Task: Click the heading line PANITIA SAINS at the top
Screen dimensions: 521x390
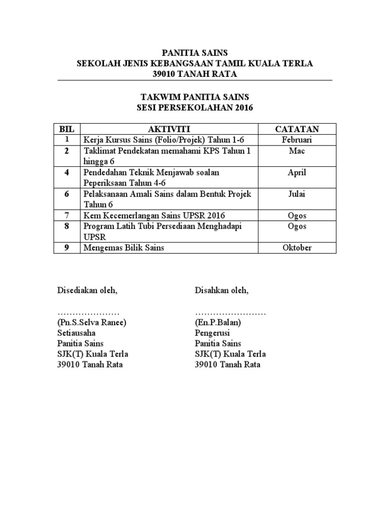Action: [194, 52]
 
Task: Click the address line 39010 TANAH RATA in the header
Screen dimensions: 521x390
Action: [194, 75]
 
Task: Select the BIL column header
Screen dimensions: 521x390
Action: [67, 129]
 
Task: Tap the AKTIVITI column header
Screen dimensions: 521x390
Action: [170, 129]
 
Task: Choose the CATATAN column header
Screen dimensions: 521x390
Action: [297, 129]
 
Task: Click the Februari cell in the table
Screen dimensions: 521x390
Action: [297, 140]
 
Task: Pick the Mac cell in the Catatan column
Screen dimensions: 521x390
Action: [297, 151]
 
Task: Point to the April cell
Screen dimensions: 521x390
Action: [297, 172]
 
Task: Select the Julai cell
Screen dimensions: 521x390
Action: [297, 194]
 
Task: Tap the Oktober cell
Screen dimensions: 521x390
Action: [297, 248]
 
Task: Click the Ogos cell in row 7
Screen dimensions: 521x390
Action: [297, 216]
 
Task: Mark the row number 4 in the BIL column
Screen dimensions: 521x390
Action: [67, 172]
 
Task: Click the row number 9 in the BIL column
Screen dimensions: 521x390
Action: [67, 248]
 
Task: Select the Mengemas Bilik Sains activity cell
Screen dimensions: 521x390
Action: [124, 248]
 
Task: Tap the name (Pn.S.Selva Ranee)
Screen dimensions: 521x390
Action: [92, 323]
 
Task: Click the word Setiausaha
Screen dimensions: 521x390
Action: [77, 333]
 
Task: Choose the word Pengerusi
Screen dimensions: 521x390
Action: [212, 333]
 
